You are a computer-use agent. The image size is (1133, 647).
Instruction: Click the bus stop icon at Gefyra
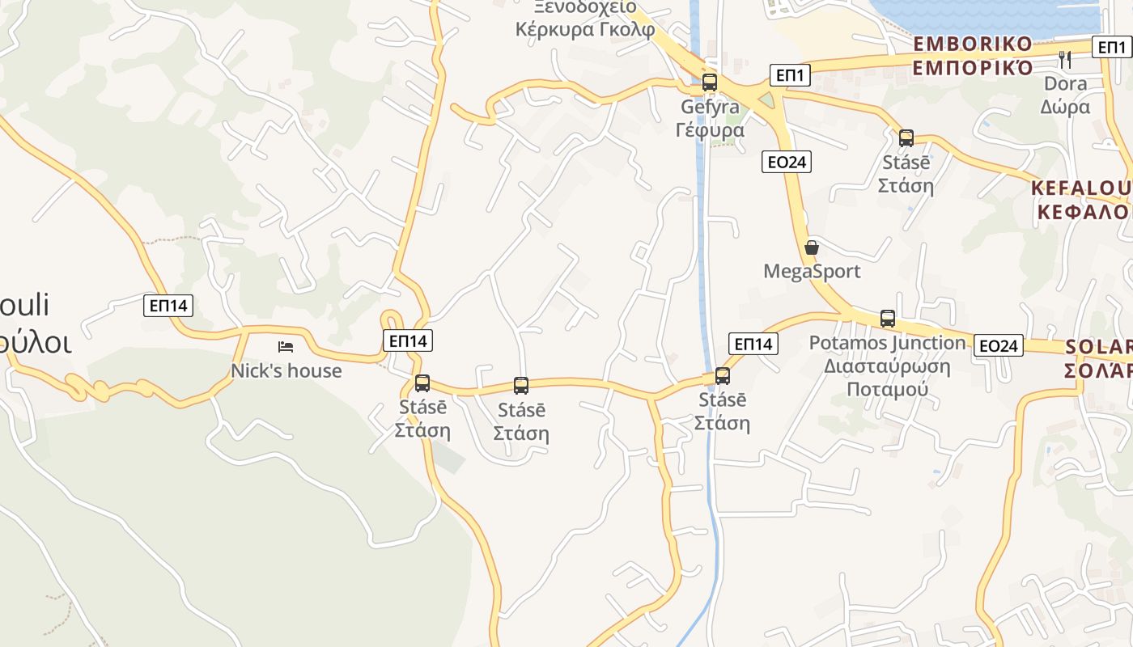pos(710,82)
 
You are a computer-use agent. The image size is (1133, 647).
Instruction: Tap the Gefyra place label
pos(710,118)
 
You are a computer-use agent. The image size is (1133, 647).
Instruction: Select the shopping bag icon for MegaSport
pos(812,247)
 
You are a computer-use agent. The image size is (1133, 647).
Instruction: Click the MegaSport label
pos(812,271)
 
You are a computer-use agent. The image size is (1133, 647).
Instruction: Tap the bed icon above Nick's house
pos(286,347)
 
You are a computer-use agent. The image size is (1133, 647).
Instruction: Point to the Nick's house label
pos(286,371)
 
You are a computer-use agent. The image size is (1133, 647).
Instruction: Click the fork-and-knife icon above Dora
pos(1065,59)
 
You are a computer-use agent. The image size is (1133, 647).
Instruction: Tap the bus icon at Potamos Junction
pos(888,319)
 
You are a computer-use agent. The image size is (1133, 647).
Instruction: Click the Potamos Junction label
pos(887,366)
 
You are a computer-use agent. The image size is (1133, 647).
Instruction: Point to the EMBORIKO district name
pos(973,55)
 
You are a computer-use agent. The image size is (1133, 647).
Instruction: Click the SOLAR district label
pos(1098,358)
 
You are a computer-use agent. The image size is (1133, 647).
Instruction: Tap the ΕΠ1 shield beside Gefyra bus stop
pos(789,76)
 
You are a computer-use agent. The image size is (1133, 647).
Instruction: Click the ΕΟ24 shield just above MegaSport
pos(787,162)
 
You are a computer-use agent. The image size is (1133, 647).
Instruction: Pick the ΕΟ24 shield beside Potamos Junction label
pos(998,346)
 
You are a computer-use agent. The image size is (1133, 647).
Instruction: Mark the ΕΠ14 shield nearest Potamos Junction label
pos(753,344)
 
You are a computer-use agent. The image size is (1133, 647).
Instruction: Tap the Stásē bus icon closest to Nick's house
pos(422,383)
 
